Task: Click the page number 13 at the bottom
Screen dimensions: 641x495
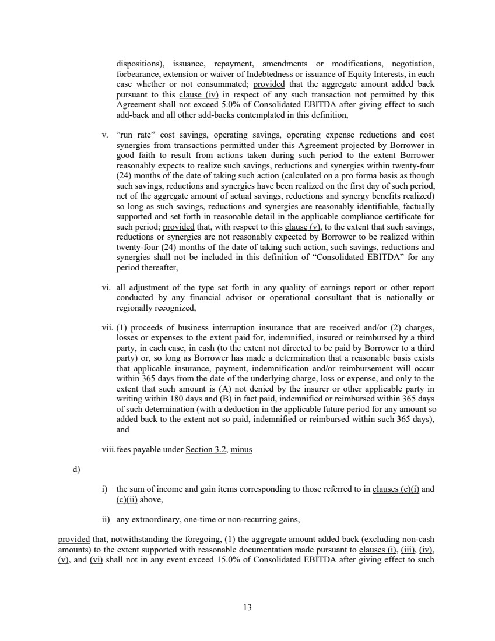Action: pyautogui.click(x=247, y=607)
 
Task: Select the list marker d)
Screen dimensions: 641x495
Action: pyautogui.click(x=76, y=469)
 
